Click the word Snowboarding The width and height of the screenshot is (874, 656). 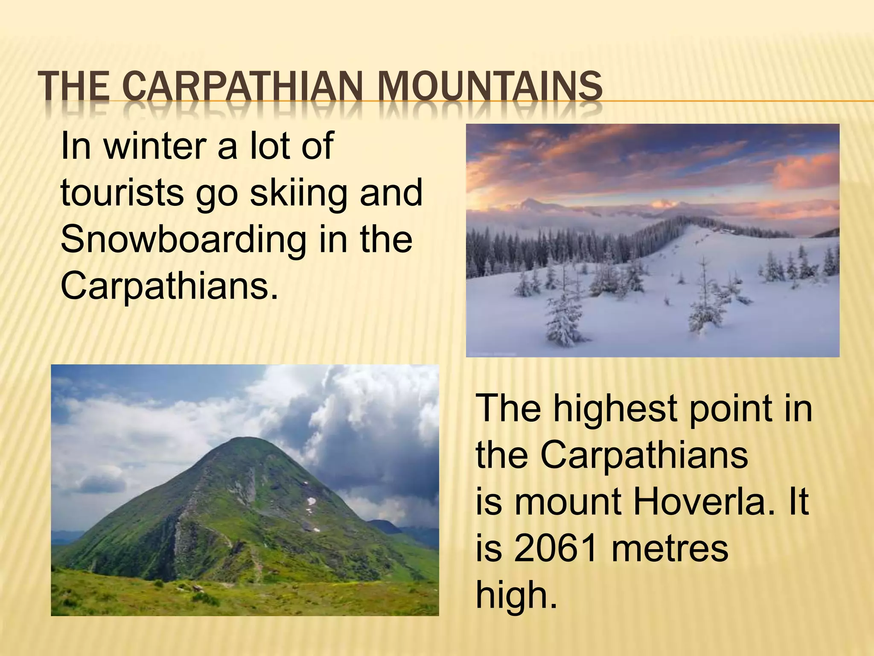(184, 239)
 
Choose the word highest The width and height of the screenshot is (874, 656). (615, 409)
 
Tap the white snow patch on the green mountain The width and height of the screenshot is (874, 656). (311, 501)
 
